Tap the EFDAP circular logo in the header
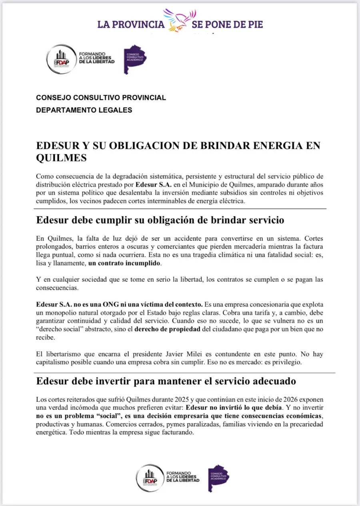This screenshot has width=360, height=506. click(x=61, y=59)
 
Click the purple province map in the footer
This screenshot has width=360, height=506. click(x=218, y=478)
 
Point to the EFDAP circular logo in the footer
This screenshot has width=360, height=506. click(x=150, y=478)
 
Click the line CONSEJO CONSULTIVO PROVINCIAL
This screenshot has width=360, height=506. click(x=101, y=98)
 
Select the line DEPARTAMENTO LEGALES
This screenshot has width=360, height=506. click(x=84, y=110)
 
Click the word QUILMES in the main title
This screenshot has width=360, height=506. click(x=61, y=158)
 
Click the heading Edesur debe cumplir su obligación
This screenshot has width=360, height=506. click(x=160, y=220)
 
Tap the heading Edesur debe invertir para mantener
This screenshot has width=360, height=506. click(x=166, y=381)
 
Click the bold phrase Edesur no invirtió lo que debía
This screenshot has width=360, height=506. click(x=237, y=408)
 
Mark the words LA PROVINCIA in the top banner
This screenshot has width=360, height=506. click(x=131, y=24)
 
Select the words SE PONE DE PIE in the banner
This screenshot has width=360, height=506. click(x=227, y=24)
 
